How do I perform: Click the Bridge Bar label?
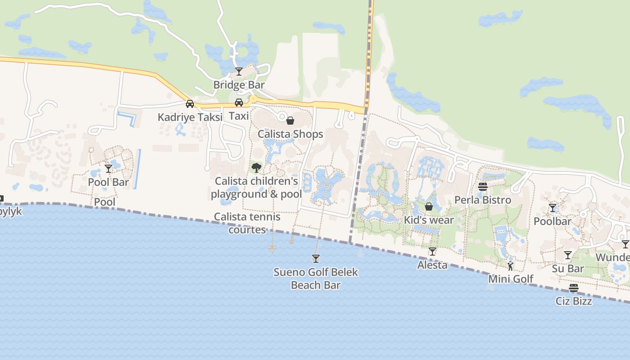pyautogui.click(x=239, y=85)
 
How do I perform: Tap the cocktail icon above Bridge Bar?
pyautogui.click(x=239, y=72)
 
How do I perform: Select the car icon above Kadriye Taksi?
pyautogui.click(x=190, y=104)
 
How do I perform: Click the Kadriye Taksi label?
pyautogui.click(x=190, y=117)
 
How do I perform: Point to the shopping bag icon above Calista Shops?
pyautogui.click(x=290, y=121)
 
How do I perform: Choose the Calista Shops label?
pyautogui.click(x=290, y=134)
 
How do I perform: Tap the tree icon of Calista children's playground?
pyautogui.click(x=256, y=168)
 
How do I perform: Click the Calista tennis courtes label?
pyautogui.click(x=247, y=223)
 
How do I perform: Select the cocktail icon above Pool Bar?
pyautogui.click(x=108, y=169)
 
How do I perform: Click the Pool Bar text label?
pyautogui.click(x=108, y=182)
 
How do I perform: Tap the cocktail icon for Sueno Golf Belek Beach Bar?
pyautogui.click(x=316, y=259)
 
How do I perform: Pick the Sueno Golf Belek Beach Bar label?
pyautogui.click(x=316, y=279)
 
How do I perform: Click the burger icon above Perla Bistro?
pyautogui.click(x=483, y=187)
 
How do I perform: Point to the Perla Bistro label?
pyautogui.click(x=483, y=200)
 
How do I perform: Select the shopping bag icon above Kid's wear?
pyautogui.click(x=429, y=207)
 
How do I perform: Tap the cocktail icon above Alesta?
pyautogui.click(x=432, y=252)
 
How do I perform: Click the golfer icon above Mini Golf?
pyautogui.click(x=510, y=266)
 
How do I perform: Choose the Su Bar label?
pyautogui.click(x=568, y=269)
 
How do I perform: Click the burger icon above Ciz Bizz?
pyautogui.click(x=574, y=288)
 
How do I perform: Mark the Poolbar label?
pyautogui.click(x=552, y=221)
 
